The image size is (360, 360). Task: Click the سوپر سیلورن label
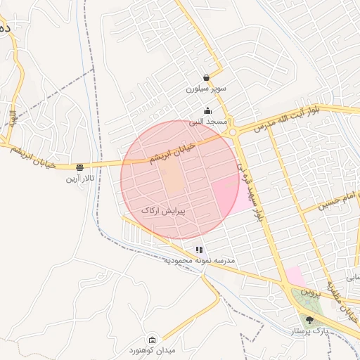pyautogui.click(x=203, y=89)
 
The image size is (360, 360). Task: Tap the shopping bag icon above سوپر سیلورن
pyautogui.click(x=205, y=77)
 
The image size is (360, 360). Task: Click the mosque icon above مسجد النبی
pyautogui.click(x=207, y=110)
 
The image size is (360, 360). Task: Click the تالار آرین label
pyautogui.click(x=80, y=179)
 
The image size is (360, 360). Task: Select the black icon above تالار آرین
pyautogui.click(x=79, y=167)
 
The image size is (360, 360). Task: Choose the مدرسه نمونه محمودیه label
pyautogui.click(x=200, y=261)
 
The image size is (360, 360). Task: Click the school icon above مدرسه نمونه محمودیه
pyautogui.click(x=200, y=250)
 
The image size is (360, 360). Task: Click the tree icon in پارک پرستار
pyautogui.click(x=309, y=321)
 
